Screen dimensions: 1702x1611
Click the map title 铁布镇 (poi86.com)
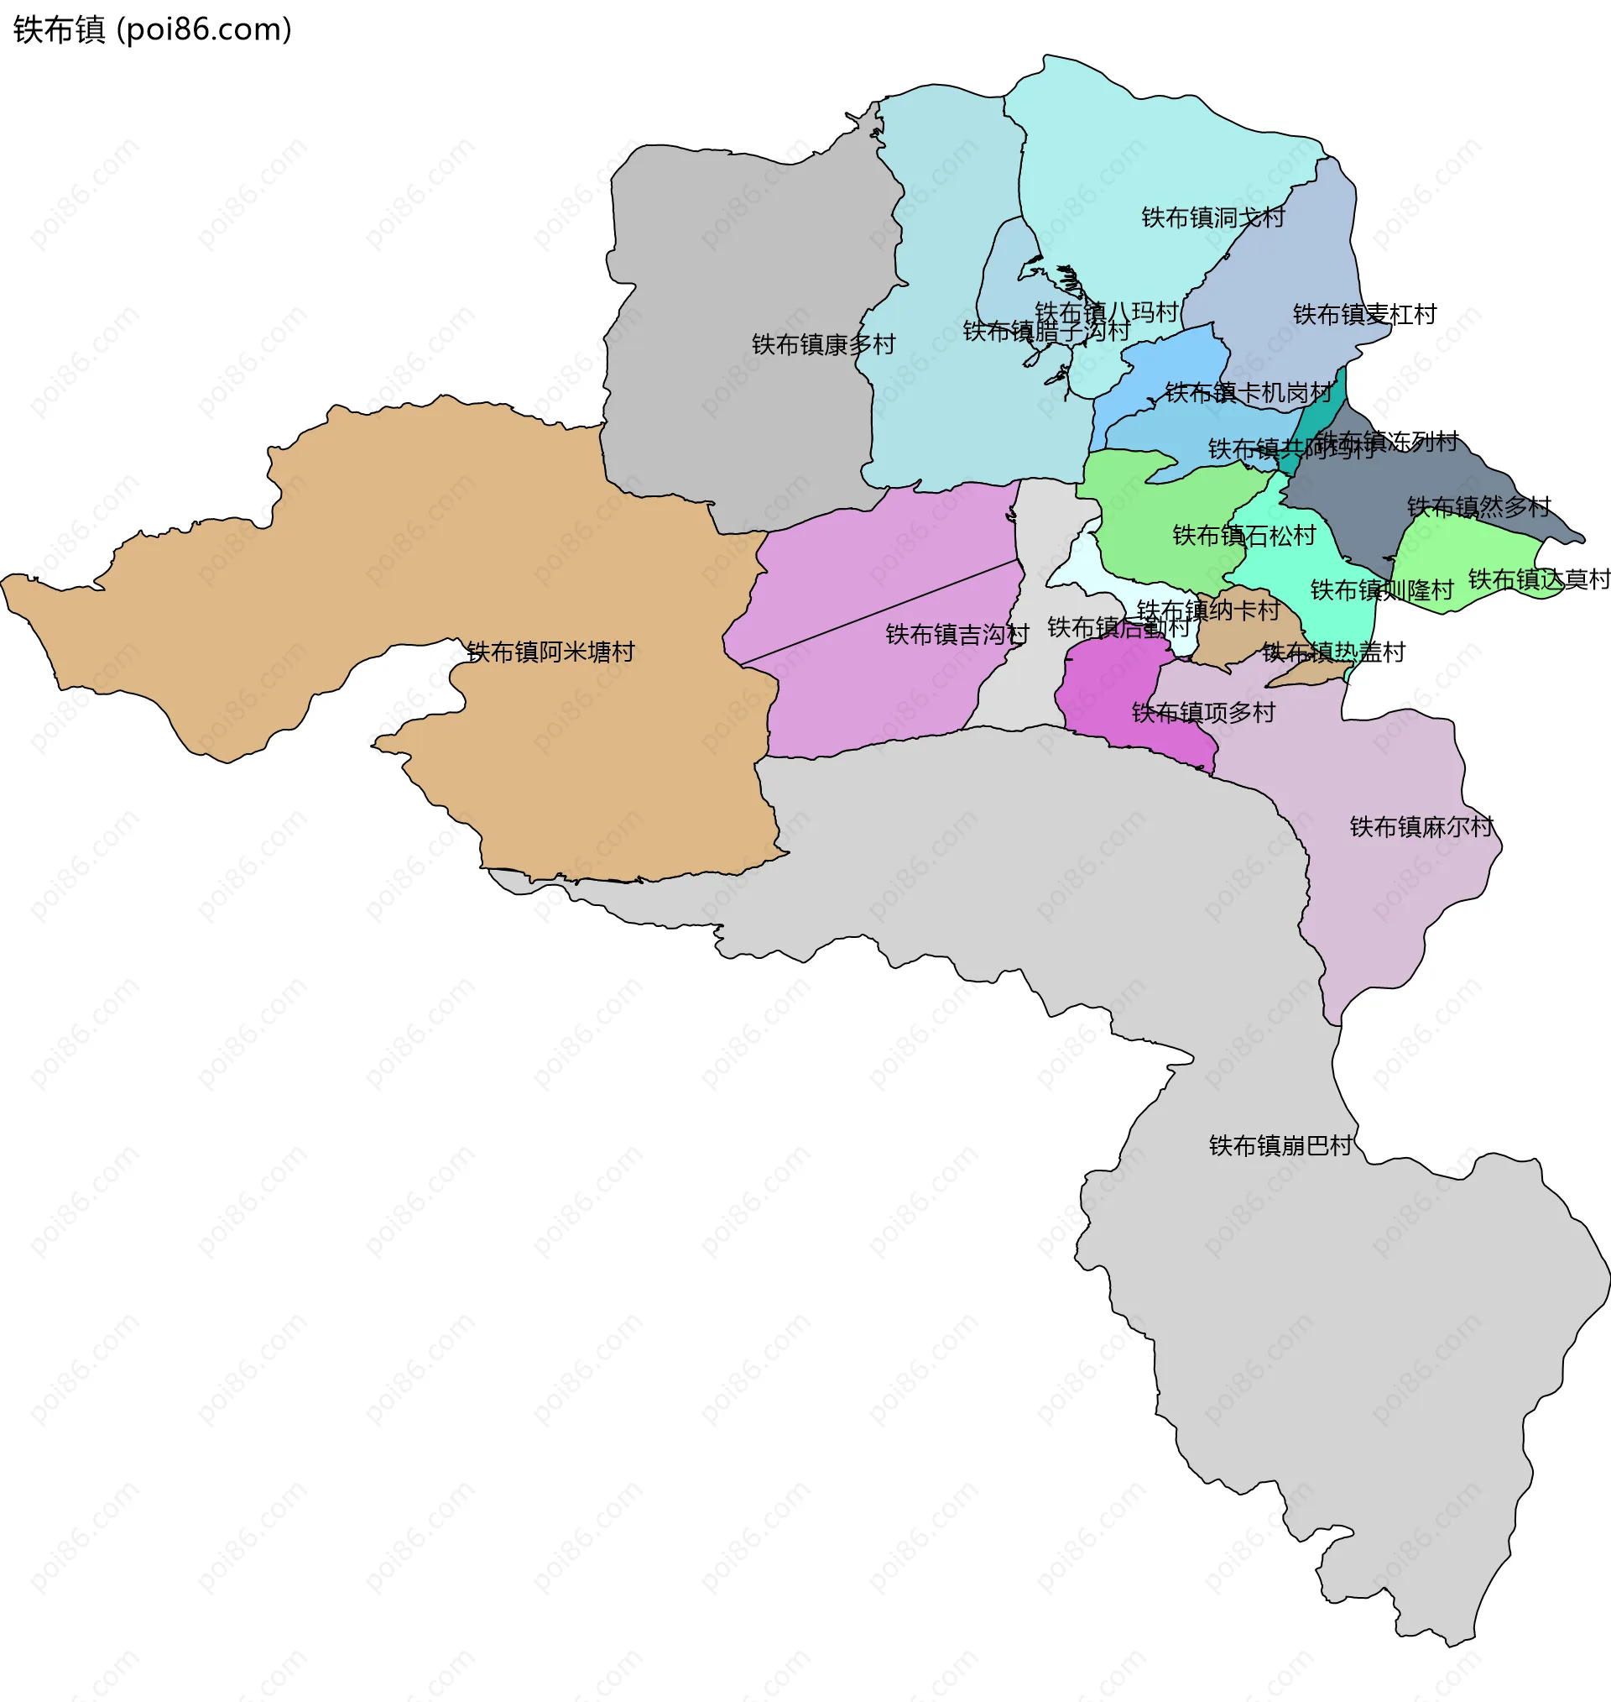(x=153, y=30)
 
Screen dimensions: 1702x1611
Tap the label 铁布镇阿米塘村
(x=550, y=652)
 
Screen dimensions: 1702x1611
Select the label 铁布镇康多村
(x=823, y=344)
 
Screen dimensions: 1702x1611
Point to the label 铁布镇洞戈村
(x=1212, y=217)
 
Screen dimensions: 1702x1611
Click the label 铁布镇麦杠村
(x=1364, y=314)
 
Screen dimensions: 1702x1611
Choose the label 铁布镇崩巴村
(x=1280, y=1145)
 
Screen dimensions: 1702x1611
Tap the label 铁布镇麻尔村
(x=1422, y=826)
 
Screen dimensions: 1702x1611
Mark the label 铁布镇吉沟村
(x=957, y=635)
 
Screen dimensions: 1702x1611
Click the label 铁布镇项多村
(x=1203, y=712)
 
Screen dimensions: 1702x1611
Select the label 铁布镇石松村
(x=1243, y=535)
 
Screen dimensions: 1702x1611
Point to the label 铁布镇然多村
(x=1478, y=507)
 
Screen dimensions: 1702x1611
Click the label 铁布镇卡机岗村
(x=1248, y=393)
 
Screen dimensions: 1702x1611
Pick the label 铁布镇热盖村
(x=1333, y=652)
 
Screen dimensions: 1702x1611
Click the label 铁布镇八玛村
(x=1106, y=312)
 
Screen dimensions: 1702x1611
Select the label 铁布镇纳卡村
(x=1208, y=610)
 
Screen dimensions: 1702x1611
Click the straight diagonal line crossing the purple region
(x=876, y=613)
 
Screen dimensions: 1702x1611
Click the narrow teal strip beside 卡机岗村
(x=1322, y=412)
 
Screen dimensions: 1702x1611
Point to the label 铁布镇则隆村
(x=1382, y=590)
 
